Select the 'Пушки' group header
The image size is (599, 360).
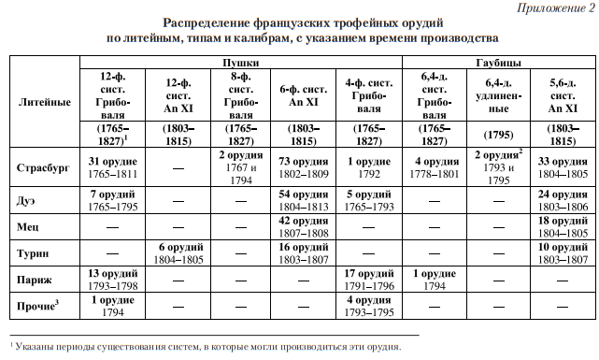240,61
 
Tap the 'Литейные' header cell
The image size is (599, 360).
44,102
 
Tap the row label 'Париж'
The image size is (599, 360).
35,278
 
